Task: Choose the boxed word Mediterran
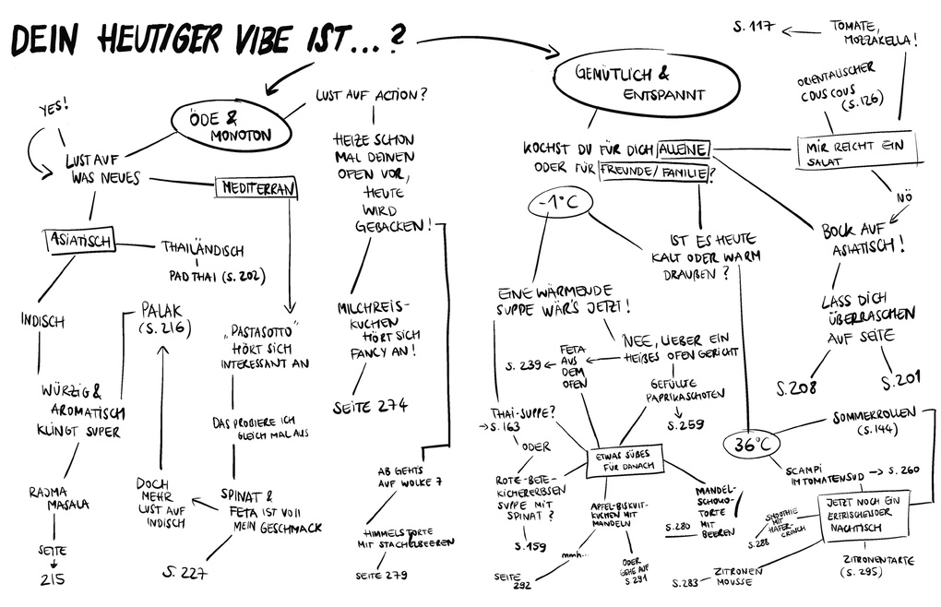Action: (256, 188)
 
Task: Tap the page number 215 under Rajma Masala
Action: (53, 579)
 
